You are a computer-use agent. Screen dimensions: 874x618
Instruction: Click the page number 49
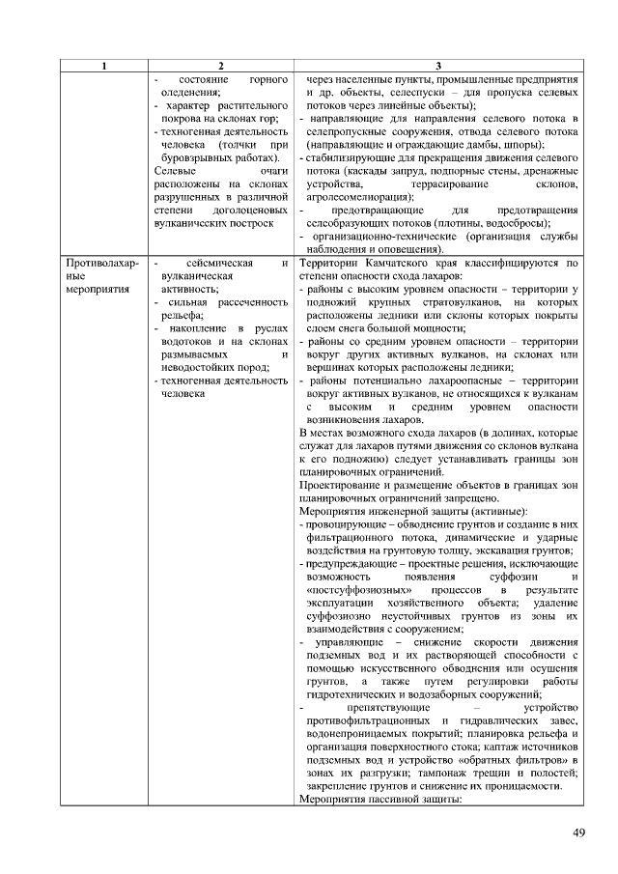pos(578,832)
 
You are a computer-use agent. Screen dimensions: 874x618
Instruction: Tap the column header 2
pos(221,65)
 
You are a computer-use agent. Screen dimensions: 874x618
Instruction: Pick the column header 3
pos(439,65)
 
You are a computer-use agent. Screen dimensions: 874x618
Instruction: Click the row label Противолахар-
pos(101,263)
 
